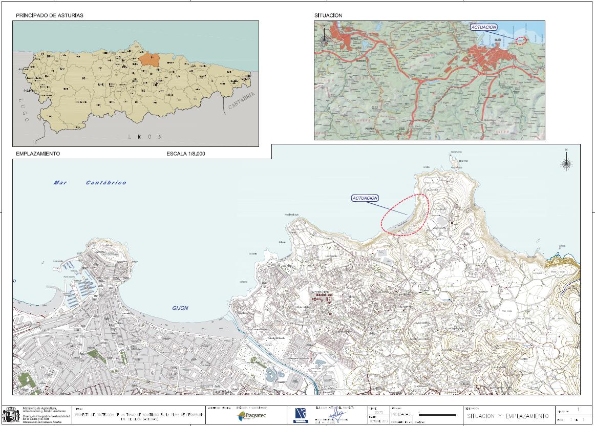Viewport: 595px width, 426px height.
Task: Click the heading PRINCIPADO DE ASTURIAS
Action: pos(49,15)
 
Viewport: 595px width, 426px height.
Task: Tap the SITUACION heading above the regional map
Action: pos(328,15)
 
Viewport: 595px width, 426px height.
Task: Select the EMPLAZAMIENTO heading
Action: pos(38,154)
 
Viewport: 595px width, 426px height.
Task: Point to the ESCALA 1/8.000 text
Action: pos(186,154)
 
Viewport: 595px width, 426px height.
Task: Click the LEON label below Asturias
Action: pos(146,137)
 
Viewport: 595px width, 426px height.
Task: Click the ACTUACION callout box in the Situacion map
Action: pos(484,27)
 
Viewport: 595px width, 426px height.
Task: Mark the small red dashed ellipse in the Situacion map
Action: pos(520,40)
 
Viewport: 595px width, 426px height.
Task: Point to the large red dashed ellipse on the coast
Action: pos(405,215)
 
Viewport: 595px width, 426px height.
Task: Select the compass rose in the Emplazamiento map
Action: pos(566,163)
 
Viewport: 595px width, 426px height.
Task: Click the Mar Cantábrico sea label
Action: pos(90,183)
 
